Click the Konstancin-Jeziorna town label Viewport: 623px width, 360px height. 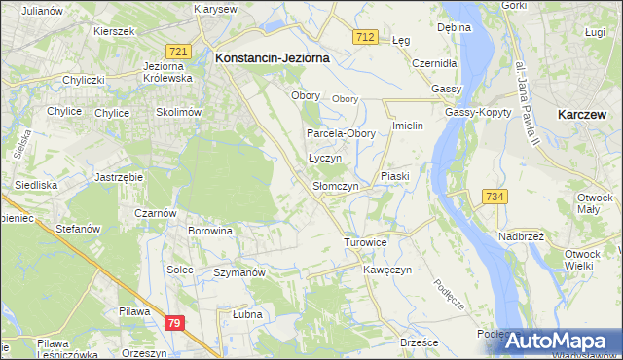pos(272,57)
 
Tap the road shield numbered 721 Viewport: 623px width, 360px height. pos(176,51)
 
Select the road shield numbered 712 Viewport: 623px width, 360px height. pos(365,37)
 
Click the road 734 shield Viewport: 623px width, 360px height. pos(495,197)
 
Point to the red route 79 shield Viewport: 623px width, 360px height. pos(174,322)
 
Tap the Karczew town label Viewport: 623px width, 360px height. pos(583,114)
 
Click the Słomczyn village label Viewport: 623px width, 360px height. pos(336,186)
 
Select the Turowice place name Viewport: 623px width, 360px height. pos(366,241)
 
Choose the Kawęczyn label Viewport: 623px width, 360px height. pos(388,269)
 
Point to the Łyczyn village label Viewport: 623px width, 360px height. pos(324,158)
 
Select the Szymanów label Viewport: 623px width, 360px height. pos(239,273)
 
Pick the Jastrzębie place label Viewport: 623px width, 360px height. pos(120,177)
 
